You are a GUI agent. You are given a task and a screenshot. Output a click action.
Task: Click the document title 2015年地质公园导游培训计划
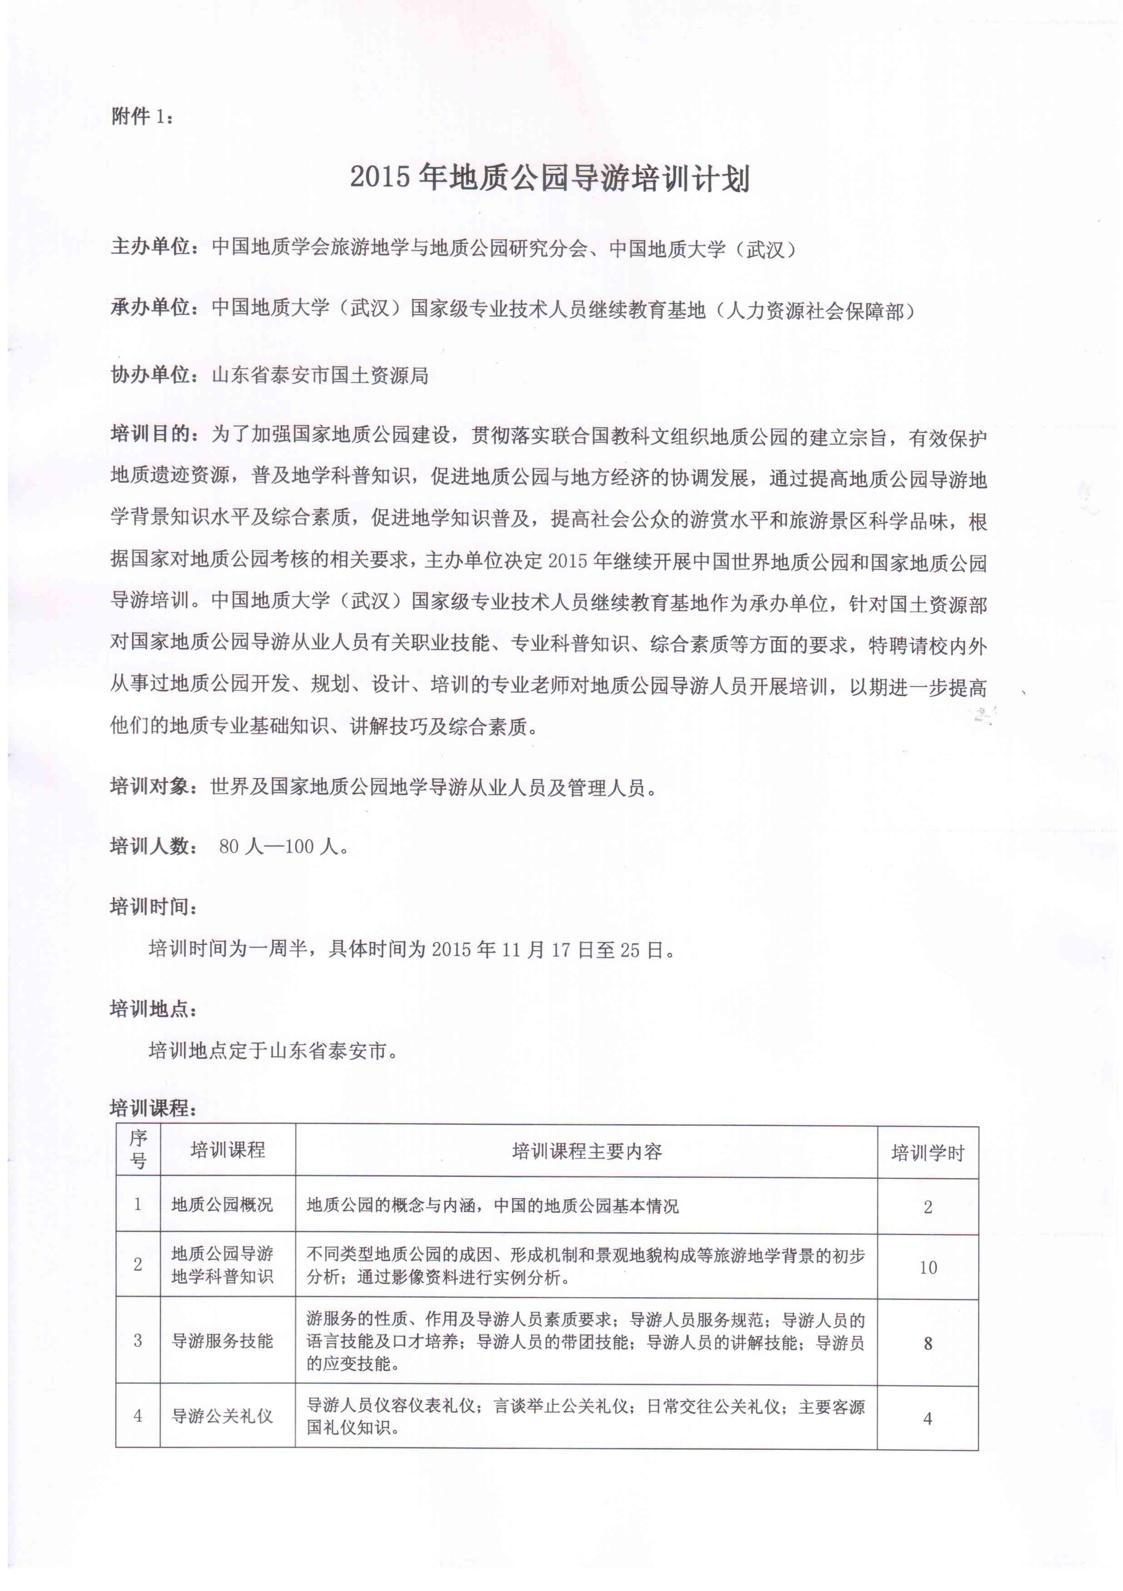pos(549,178)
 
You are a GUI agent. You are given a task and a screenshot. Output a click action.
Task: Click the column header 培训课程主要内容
pos(586,1151)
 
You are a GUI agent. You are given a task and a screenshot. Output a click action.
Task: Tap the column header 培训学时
pos(928,1153)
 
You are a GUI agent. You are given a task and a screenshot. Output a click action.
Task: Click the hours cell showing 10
pos(928,1267)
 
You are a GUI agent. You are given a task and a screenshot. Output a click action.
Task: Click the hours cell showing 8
pos(928,1344)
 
